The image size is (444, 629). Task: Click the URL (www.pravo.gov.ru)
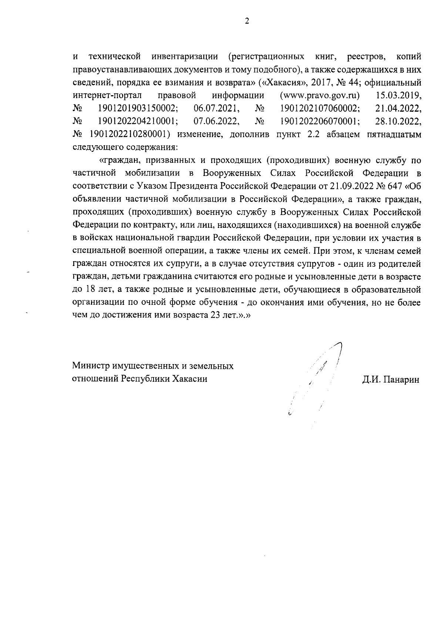[x=320, y=96]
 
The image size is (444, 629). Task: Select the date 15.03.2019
[x=398, y=96]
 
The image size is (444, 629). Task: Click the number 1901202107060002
[x=320, y=108]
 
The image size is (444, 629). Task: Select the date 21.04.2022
[x=398, y=108]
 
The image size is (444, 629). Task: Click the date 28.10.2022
[x=398, y=121]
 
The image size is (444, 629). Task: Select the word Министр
[x=89, y=366]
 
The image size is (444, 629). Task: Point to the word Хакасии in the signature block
[x=188, y=379]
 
